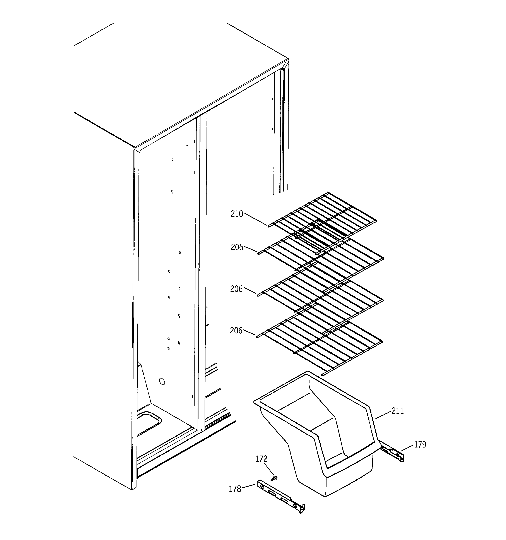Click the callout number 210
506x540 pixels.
pos(237,214)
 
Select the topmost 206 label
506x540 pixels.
pos(237,247)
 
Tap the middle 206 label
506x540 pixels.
pos(236,289)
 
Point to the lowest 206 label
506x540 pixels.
pos(236,331)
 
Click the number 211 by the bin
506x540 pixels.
pos(398,411)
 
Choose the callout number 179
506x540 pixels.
pos(420,445)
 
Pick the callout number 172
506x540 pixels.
pos(261,459)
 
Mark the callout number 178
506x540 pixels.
pos(235,489)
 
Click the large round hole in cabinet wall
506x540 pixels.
pos(162,382)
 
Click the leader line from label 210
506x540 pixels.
pos(255,219)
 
